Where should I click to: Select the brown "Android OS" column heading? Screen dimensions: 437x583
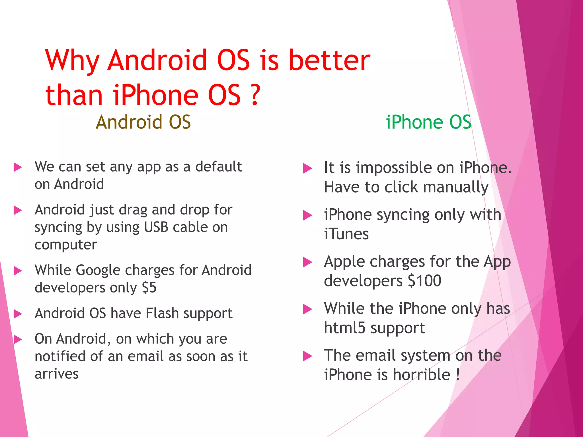[143, 122]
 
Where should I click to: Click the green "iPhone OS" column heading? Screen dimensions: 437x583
[428, 122]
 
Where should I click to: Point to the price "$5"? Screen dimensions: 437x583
[149, 288]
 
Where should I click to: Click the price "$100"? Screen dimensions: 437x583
[424, 281]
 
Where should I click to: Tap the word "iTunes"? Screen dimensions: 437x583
[346, 234]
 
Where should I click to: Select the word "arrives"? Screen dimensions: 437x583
[56, 374]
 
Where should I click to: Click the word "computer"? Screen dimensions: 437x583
[66, 245]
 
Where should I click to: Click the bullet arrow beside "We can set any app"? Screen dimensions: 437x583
[18, 167]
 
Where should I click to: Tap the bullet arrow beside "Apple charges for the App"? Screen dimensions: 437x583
[307, 262]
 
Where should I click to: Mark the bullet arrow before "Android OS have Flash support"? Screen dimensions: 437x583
[18, 314]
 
